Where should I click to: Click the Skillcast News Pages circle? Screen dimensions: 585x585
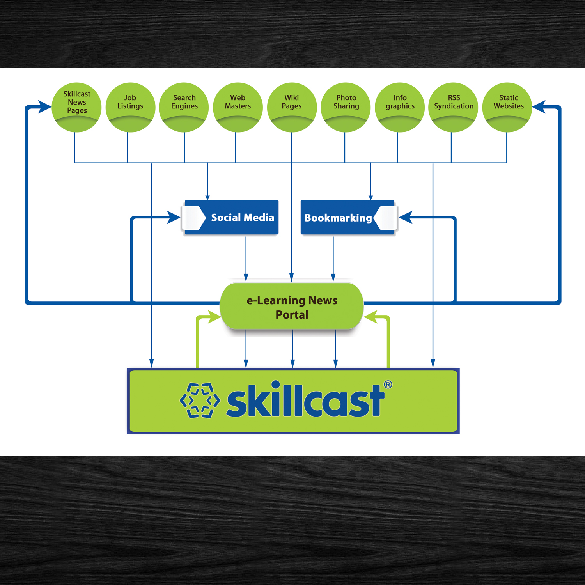(76, 107)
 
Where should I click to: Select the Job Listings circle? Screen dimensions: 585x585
(130, 107)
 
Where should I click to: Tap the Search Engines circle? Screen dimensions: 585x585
(184, 107)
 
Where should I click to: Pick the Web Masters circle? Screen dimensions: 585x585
(238, 107)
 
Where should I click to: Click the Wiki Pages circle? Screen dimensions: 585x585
(292, 107)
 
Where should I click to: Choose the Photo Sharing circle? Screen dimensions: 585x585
(346, 107)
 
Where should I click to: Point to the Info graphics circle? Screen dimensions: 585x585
(400, 107)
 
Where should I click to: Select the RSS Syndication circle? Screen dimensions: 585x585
(453, 107)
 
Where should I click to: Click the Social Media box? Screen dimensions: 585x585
(232, 217)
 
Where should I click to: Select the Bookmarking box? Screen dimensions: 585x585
(347, 217)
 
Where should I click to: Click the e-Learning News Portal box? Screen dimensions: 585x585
(292, 307)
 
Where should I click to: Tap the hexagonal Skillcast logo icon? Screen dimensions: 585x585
(200, 400)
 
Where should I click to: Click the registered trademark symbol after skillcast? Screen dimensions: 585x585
(388, 385)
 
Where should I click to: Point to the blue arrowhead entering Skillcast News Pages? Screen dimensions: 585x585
(45, 106)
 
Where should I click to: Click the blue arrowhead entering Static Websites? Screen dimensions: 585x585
(539, 106)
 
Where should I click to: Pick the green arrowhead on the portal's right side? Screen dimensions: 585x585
(371, 317)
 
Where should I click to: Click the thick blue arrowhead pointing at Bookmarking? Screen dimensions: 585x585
(406, 217)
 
